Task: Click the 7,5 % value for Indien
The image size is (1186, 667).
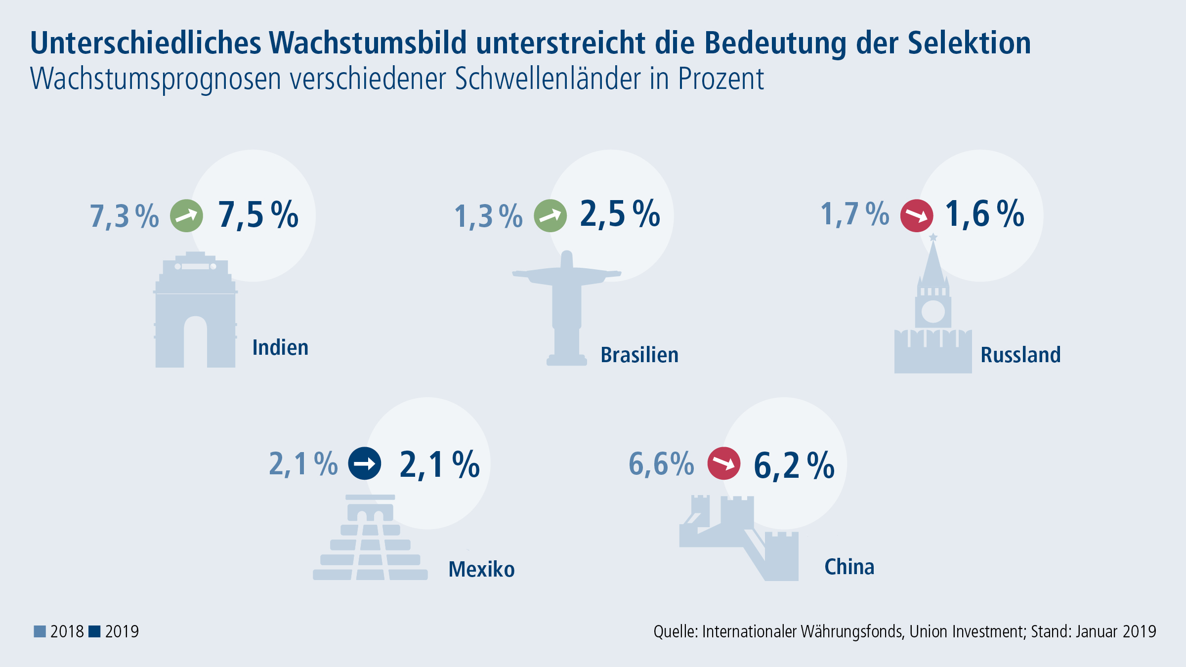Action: pyautogui.click(x=258, y=214)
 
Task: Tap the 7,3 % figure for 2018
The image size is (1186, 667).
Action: pyautogui.click(x=125, y=216)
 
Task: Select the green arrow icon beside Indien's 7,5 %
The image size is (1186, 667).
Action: pyautogui.click(x=187, y=215)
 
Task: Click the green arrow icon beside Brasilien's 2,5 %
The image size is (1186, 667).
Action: pyautogui.click(x=551, y=215)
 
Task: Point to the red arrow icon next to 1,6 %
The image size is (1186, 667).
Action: pyautogui.click(x=917, y=215)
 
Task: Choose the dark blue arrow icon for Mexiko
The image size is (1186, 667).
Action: pyautogui.click(x=365, y=463)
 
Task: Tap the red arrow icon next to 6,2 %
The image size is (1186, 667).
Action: pyautogui.click(x=724, y=463)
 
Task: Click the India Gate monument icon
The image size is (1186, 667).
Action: pyautogui.click(x=196, y=310)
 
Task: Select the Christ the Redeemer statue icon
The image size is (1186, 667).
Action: pyautogui.click(x=567, y=308)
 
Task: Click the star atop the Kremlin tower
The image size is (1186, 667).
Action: pyautogui.click(x=933, y=237)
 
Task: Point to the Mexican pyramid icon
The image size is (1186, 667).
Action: pyautogui.click(x=370, y=538)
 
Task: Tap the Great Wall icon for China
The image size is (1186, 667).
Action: pyautogui.click(x=739, y=538)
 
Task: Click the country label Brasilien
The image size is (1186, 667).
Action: pyautogui.click(x=639, y=355)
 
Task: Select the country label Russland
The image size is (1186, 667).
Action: pyautogui.click(x=1020, y=355)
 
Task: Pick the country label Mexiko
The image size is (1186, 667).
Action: pyautogui.click(x=481, y=569)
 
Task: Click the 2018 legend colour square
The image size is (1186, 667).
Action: pyautogui.click(x=40, y=631)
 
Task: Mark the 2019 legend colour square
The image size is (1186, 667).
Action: pyautogui.click(x=94, y=631)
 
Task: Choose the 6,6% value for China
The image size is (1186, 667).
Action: pyautogui.click(x=661, y=464)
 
